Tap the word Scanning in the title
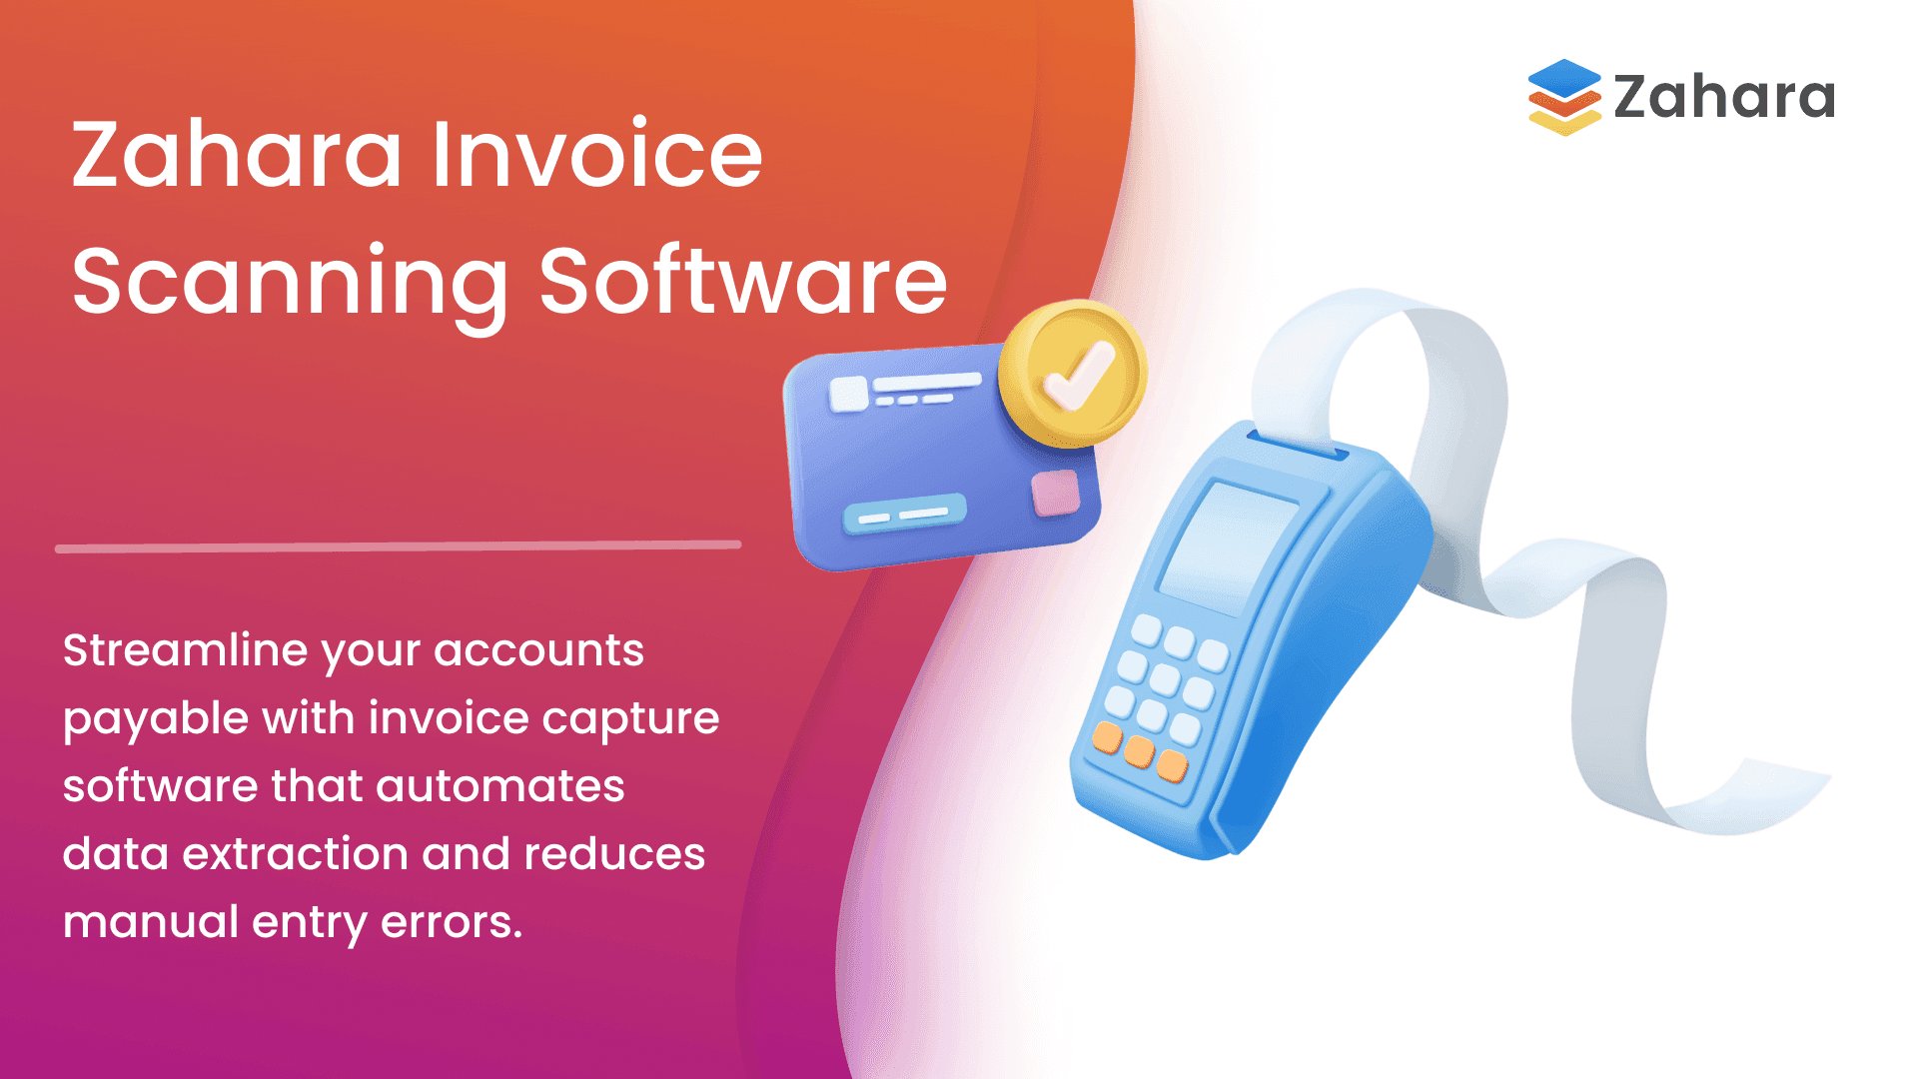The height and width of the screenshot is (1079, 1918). coord(291,283)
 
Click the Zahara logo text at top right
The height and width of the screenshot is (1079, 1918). coord(1724,97)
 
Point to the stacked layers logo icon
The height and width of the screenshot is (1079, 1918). coord(1564,97)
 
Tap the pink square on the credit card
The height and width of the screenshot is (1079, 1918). coord(1055,493)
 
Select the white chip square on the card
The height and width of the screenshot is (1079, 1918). coord(849,394)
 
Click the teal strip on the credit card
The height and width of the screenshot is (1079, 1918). coord(905,514)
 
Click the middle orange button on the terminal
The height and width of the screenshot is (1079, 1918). coord(1139,751)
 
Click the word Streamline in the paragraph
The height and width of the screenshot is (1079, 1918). coord(186,650)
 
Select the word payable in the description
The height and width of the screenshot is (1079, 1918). coord(155,719)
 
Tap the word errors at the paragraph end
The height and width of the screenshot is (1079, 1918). coord(451,922)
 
